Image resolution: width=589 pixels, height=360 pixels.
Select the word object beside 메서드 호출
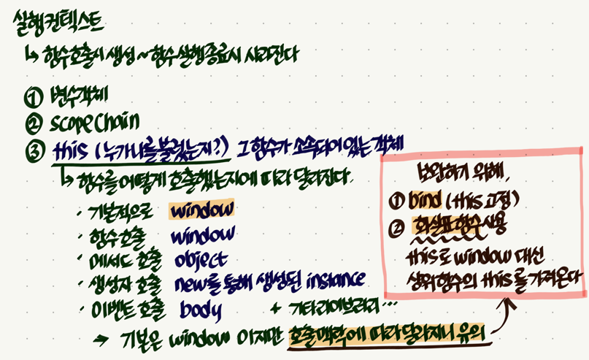pos(201,260)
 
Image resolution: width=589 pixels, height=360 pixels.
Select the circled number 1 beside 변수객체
pos(32,96)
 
